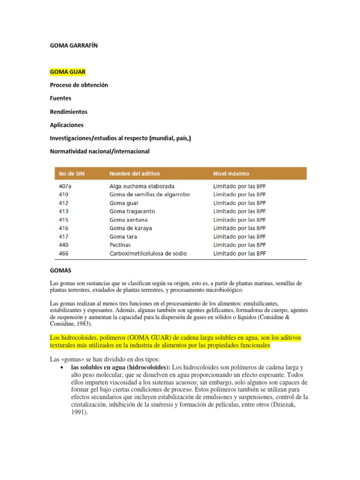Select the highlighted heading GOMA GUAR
tap(67, 72)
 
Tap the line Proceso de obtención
tap(79, 85)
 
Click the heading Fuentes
tap(60, 98)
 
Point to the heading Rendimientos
tap(68, 112)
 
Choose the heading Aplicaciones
tap(67, 125)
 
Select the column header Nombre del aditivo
tap(135, 173)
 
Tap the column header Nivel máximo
tap(231, 173)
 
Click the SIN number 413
tap(63, 211)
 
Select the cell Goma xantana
tap(128, 220)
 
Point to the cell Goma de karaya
tap(130, 228)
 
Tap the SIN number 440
tap(63, 245)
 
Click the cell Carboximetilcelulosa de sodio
tap(148, 253)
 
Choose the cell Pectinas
tap(120, 245)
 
